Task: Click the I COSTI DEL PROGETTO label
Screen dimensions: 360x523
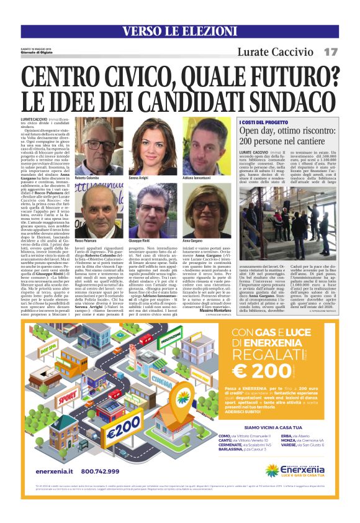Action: (x=265, y=123)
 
